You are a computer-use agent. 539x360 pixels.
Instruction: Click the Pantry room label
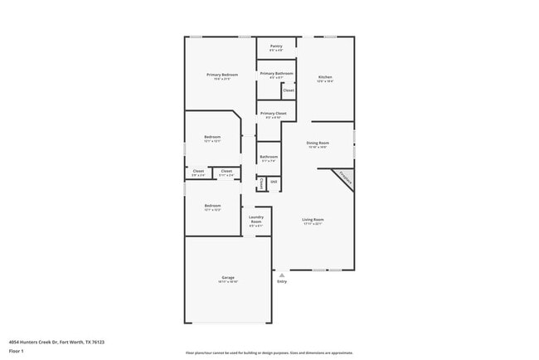point(276,46)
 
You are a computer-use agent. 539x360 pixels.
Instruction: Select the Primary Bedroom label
point(222,75)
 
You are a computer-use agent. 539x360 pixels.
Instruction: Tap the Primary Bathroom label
point(276,73)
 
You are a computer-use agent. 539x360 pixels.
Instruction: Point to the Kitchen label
point(325,77)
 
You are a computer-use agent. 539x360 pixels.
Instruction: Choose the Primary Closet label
point(273,113)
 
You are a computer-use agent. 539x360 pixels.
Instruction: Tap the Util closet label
point(274,181)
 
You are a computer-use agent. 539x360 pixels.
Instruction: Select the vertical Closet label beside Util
point(262,182)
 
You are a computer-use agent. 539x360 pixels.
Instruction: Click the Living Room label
point(313,219)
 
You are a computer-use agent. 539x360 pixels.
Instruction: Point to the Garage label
point(228,277)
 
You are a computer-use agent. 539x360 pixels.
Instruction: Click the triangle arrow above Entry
point(282,273)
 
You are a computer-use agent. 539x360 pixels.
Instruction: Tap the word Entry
point(282,281)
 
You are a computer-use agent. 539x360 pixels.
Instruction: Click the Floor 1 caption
point(17,351)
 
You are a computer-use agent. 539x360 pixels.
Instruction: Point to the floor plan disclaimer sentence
point(269,353)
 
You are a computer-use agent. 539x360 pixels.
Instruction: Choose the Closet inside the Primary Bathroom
point(288,90)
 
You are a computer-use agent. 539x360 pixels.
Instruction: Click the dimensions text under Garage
point(228,282)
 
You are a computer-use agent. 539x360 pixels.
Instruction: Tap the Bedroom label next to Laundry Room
point(213,205)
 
